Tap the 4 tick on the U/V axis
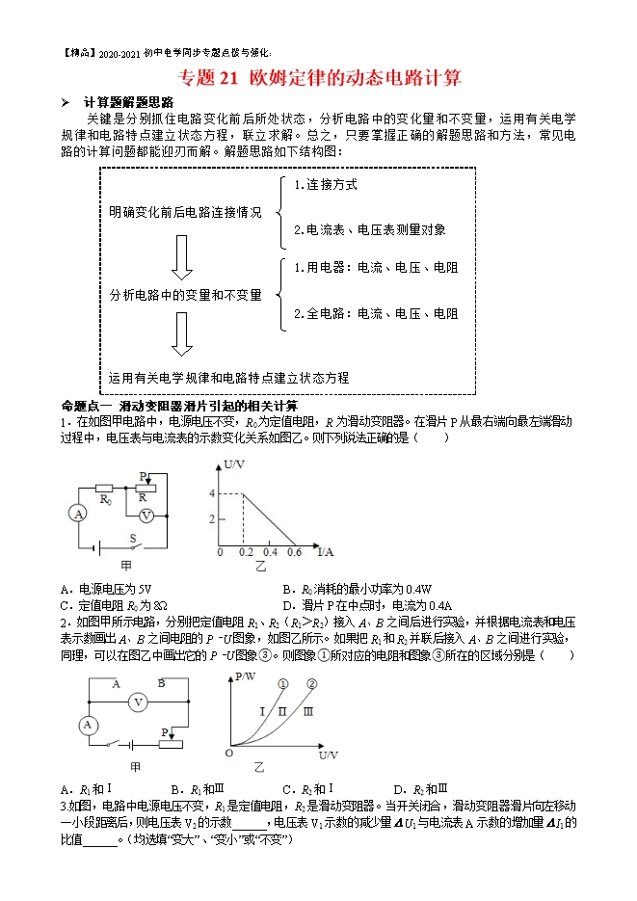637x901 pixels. [x=213, y=493]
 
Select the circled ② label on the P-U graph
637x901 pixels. [x=312, y=684]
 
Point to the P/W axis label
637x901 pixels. [x=249, y=678]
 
